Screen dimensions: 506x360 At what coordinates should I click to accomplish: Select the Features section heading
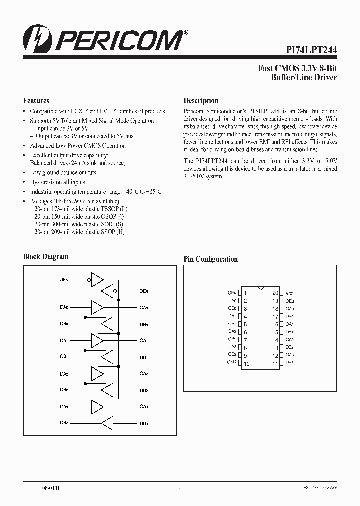[36, 100]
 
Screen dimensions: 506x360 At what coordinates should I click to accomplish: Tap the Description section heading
[201, 100]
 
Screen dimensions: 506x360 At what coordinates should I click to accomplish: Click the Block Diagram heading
[46, 256]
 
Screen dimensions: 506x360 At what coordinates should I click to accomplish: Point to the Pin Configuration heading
[210, 259]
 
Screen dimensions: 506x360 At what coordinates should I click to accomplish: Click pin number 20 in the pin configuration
[275, 293]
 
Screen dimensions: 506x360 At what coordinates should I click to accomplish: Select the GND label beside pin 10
[232, 362]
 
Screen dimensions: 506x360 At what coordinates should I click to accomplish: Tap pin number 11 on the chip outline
[275, 364]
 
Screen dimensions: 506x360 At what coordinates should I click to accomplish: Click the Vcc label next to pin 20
[290, 293]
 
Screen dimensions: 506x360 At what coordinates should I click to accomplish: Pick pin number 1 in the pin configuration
[245, 293]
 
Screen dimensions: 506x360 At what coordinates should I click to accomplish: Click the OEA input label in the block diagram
[64, 279]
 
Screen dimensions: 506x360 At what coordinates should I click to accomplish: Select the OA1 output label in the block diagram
[143, 341]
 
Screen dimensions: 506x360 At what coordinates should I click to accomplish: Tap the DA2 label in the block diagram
[64, 374]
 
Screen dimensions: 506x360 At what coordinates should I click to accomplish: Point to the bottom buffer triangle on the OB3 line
[107, 423]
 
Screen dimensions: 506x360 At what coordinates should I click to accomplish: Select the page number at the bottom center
[179, 490]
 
